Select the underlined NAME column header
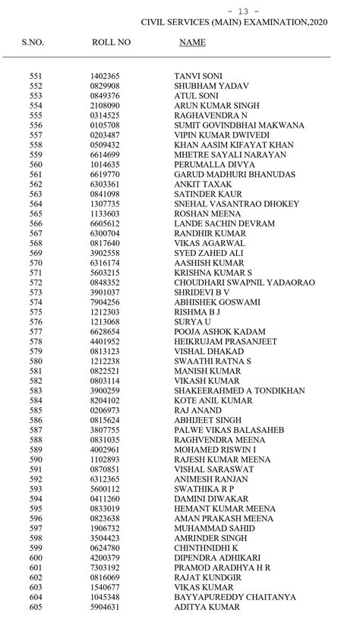tap(192, 43)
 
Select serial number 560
tap(36, 164)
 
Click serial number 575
tap(36, 312)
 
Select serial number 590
tap(36, 460)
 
